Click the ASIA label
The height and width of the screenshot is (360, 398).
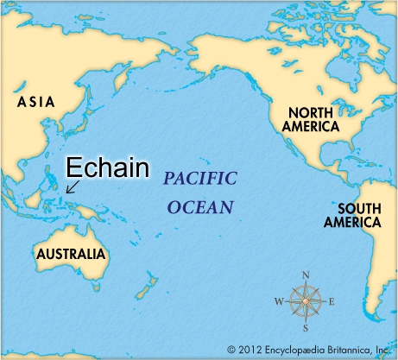(x=35, y=102)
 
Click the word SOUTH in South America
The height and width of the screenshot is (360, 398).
(x=357, y=208)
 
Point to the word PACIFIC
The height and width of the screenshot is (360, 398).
(x=199, y=180)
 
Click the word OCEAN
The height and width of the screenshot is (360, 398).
(x=200, y=207)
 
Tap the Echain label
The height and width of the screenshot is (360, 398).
(x=108, y=166)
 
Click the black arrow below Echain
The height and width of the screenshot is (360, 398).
(x=72, y=185)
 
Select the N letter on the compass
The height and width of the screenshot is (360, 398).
(x=305, y=276)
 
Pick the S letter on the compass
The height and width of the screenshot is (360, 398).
(x=305, y=328)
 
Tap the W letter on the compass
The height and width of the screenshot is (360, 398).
(x=278, y=302)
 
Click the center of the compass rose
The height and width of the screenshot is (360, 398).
(x=305, y=302)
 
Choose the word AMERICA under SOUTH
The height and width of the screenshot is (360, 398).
(x=351, y=222)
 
